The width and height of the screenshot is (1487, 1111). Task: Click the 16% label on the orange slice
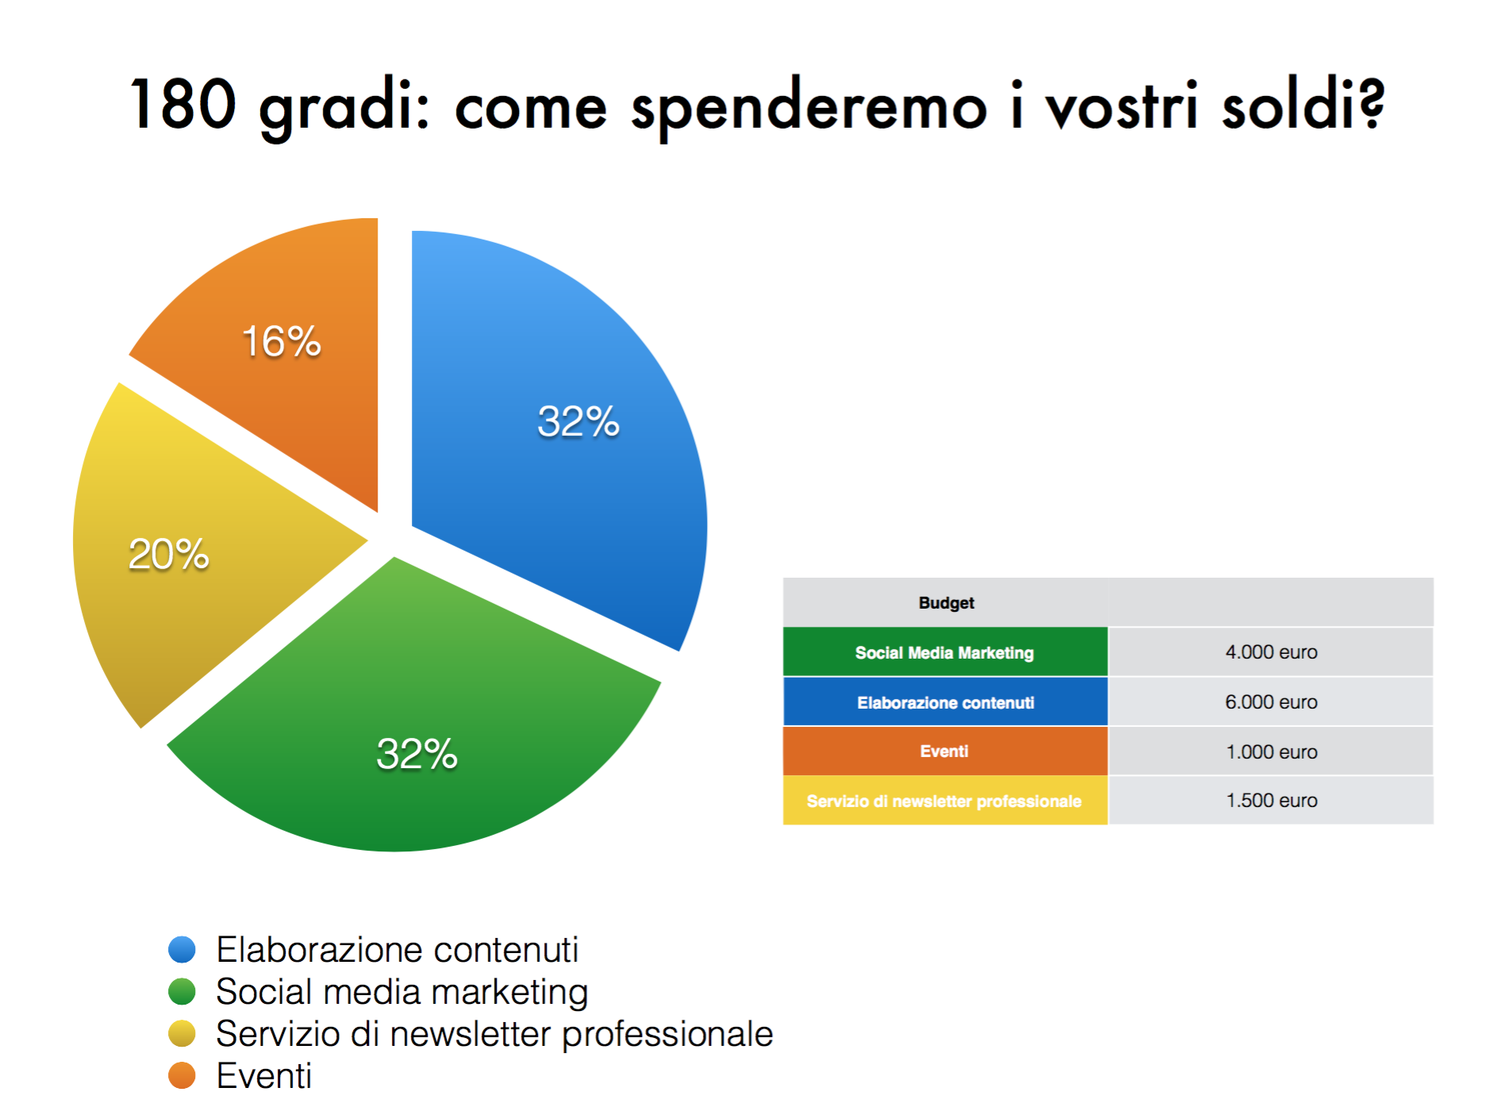coord(282,341)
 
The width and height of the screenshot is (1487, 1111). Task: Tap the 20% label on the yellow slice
coord(169,554)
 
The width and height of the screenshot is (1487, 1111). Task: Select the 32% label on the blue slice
coord(578,421)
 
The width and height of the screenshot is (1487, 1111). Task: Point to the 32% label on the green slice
coord(417,753)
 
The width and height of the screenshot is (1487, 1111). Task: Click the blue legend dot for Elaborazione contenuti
coord(182,949)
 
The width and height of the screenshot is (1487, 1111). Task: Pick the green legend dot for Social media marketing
coord(182,991)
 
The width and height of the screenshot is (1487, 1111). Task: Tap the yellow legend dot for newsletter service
coord(182,1033)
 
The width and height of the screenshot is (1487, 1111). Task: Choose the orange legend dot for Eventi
coord(182,1075)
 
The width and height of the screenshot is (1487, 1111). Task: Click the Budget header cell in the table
coord(945,602)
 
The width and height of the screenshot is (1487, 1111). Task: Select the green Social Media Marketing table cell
coord(945,652)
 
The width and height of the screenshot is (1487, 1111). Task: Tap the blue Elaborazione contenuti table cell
coord(945,702)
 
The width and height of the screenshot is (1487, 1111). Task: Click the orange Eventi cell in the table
coord(945,752)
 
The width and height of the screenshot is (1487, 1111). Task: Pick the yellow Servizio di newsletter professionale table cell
coord(945,801)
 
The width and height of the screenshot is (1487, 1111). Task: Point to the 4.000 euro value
coord(1271,652)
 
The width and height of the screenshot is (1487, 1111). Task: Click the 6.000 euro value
coord(1271,702)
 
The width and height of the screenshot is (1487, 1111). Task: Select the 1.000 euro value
coord(1271,752)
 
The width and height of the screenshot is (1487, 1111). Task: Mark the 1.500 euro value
coord(1271,801)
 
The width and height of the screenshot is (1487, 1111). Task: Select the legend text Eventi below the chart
coord(264,1075)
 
